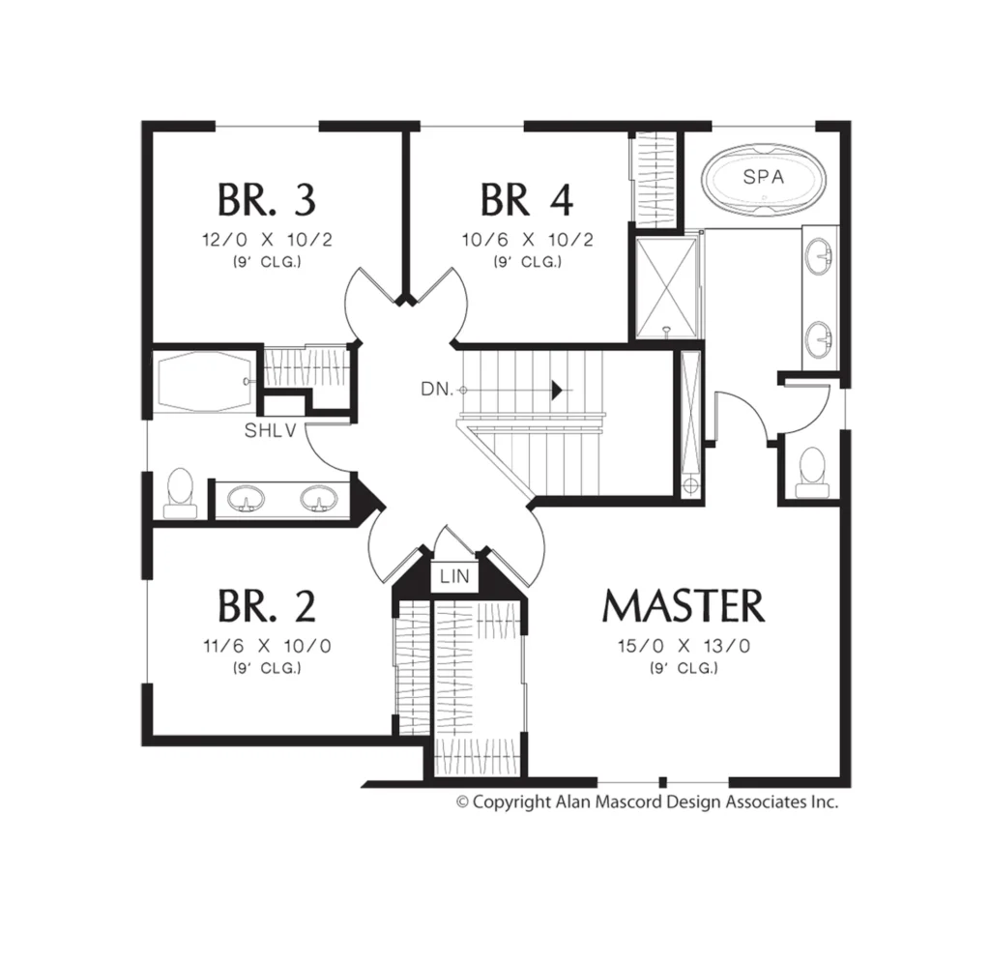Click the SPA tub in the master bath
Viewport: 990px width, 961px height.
(764, 176)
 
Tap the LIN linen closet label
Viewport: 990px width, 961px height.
(454, 576)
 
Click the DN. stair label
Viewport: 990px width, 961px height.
(437, 389)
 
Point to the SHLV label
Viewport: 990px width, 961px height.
(271, 430)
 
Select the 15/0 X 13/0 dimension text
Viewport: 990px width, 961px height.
(684, 646)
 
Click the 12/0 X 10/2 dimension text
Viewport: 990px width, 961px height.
(267, 240)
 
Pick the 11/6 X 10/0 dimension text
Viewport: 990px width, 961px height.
(267, 646)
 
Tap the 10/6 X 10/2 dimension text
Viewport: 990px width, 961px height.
(527, 240)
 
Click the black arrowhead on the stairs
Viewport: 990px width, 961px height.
(557, 391)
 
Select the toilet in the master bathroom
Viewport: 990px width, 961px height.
(811, 474)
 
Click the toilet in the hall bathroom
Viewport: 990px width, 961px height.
(180, 494)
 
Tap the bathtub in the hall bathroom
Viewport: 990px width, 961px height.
(203, 380)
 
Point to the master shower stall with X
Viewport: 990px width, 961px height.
(666, 287)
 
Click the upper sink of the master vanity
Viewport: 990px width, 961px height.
(819, 256)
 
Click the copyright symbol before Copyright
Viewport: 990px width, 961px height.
(463, 802)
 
